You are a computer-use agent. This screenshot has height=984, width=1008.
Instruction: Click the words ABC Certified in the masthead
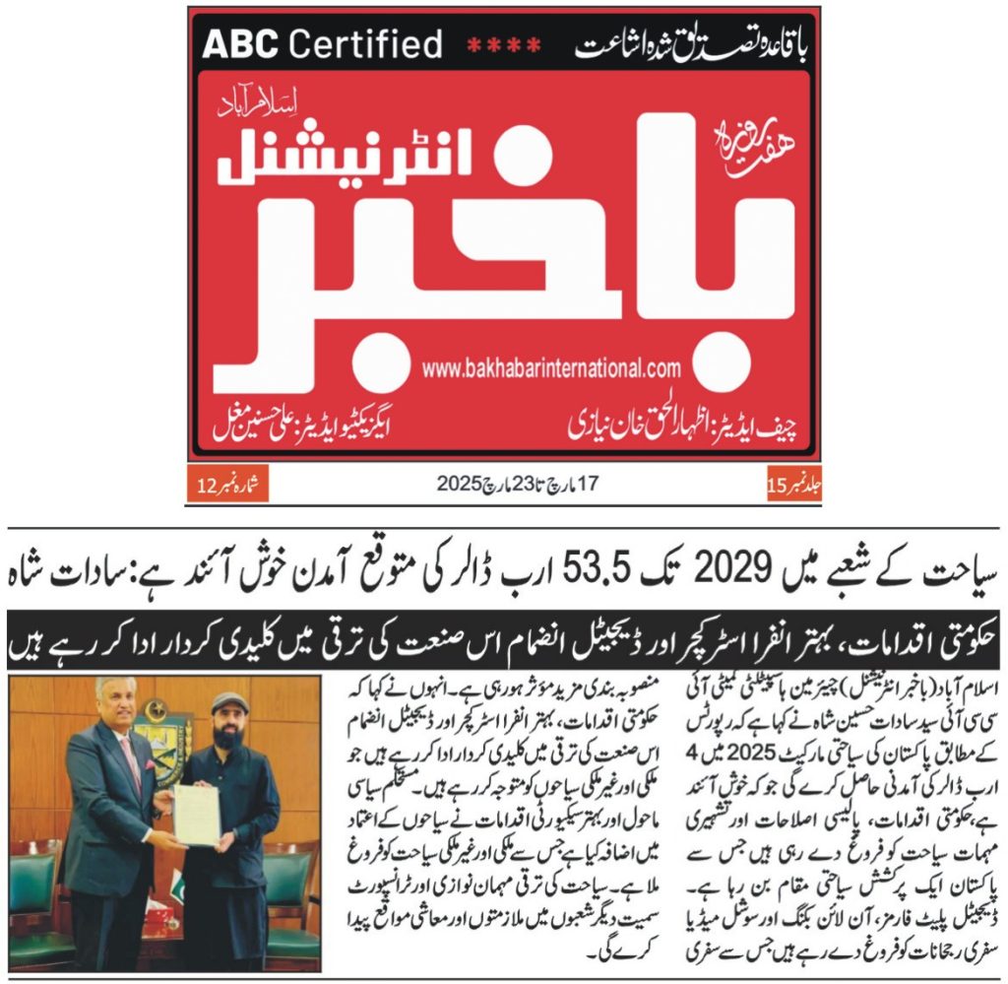pos(322,44)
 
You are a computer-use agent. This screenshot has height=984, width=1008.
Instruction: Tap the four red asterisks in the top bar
pos(503,44)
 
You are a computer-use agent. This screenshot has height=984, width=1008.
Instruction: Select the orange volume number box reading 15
pos(792,484)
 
